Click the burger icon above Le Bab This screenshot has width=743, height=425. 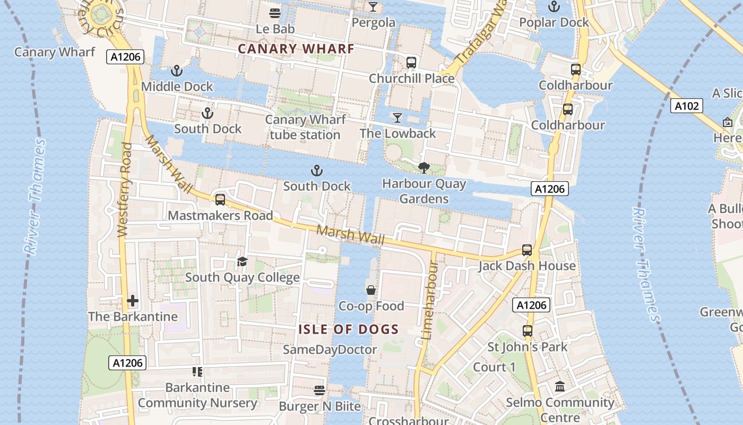pos(275,13)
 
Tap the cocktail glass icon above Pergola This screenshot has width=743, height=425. pos(373,6)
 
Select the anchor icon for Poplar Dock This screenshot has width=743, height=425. pos(554,7)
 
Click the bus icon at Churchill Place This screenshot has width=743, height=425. pos(411,63)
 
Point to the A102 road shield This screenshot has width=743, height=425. pos(686,106)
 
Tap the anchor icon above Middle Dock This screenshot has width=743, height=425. pos(177,71)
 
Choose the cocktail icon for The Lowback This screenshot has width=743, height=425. pos(398,118)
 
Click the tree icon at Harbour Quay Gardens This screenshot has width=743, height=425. pos(424,168)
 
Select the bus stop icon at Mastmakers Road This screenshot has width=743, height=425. pos(220,200)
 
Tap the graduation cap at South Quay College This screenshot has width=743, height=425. pos(243,262)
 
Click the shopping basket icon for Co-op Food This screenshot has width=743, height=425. pos(371,290)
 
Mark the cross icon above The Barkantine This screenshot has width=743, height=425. pos(133,301)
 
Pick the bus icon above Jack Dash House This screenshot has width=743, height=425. pos(527,250)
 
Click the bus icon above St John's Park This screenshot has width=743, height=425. pos(528,331)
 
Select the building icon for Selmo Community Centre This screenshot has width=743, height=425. pos(560,387)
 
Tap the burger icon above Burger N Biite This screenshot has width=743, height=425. pos(319,390)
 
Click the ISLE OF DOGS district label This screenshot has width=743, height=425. pos(348,329)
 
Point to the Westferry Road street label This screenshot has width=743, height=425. pos(123,190)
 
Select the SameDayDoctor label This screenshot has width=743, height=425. pos(330,350)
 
